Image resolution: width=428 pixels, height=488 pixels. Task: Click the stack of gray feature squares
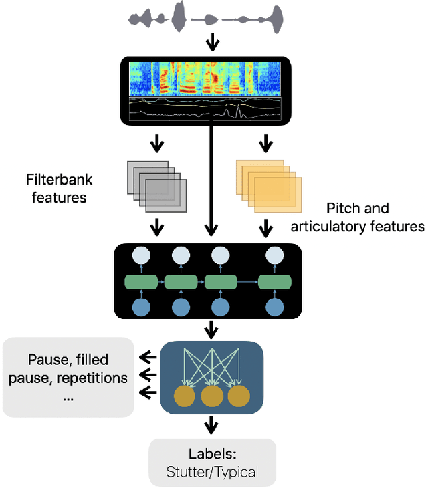tap(156, 184)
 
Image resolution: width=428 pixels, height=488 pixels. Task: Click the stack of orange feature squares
tap(268, 184)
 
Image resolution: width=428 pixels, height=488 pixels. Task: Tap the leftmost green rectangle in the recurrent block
tap(141, 283)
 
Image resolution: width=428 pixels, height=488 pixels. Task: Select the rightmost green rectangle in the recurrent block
tap(275, 283)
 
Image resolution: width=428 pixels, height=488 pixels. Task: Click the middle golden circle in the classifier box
tap(211, 396)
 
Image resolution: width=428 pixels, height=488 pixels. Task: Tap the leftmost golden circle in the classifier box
tap(185, 396)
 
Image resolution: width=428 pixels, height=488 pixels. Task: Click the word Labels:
tap(213, 455)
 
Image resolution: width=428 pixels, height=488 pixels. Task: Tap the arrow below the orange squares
tap(266, 228)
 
